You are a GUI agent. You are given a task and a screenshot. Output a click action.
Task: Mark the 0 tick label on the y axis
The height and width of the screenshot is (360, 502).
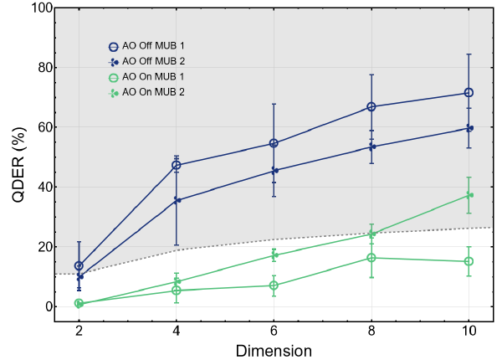(x=48, y=306)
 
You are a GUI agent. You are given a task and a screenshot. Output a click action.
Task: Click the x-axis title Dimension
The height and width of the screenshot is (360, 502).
(x=274, y=350)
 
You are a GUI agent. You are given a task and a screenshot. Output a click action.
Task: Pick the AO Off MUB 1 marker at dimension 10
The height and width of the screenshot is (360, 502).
(x=469, y=93)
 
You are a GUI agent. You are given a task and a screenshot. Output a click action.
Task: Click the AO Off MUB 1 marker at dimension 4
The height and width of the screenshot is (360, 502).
(x=177, y=165)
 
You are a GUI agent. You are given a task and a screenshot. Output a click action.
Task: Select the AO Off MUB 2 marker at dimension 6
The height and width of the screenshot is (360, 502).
(x=274, y=170)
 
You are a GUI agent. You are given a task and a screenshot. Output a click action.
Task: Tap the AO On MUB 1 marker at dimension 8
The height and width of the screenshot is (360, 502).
(x=371, y=258)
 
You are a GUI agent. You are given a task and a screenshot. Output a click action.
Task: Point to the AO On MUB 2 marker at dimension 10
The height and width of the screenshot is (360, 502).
(x=469, y=195)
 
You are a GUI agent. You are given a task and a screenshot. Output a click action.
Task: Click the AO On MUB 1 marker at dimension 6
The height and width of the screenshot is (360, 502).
(x=274, y=285)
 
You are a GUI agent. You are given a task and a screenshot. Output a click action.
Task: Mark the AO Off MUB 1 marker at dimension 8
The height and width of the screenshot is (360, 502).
(x=371, y=106)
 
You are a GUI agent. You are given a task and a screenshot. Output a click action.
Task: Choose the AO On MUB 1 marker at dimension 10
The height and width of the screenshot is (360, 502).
(x=469, y=261)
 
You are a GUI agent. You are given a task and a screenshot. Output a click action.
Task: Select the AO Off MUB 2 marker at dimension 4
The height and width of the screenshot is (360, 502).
(x=177, y=200)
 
